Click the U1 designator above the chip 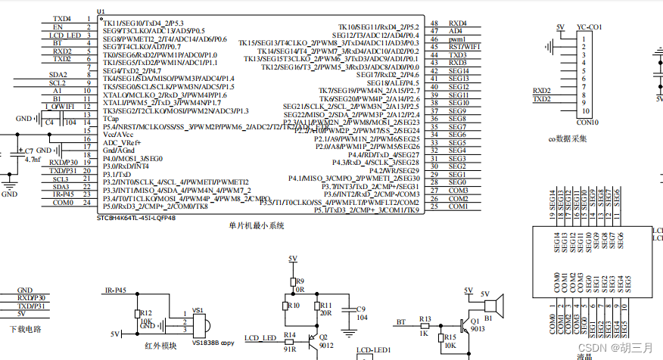coord(101,11)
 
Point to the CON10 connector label coord(587,122)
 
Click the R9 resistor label coord(300,281)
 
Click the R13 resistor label coord(425,318)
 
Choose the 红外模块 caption coord(161,345)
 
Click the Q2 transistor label coord(322,337)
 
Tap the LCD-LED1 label coord(373,351)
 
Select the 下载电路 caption coord(25,329)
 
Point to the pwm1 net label coord(457,39)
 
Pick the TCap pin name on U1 coord(110,119)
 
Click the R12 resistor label coord(145,312)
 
